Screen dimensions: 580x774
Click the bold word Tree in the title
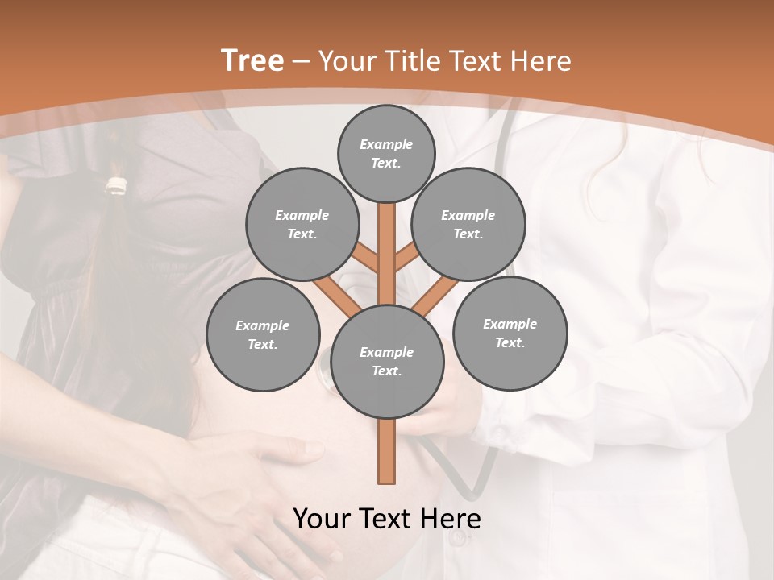pyautogui.click(x=252, y=60)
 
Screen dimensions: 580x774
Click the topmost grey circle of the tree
pyautogui.click(x=386, y=153)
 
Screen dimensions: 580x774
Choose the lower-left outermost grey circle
pyautogui.click(x=263, y=335)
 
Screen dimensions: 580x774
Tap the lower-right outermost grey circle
pyautogui.click(x=510, y=333)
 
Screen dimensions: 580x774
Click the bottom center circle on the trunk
pyautogui.click(x=387, y=362)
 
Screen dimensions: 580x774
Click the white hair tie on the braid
pyautogui.click(x=119, y=186)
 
